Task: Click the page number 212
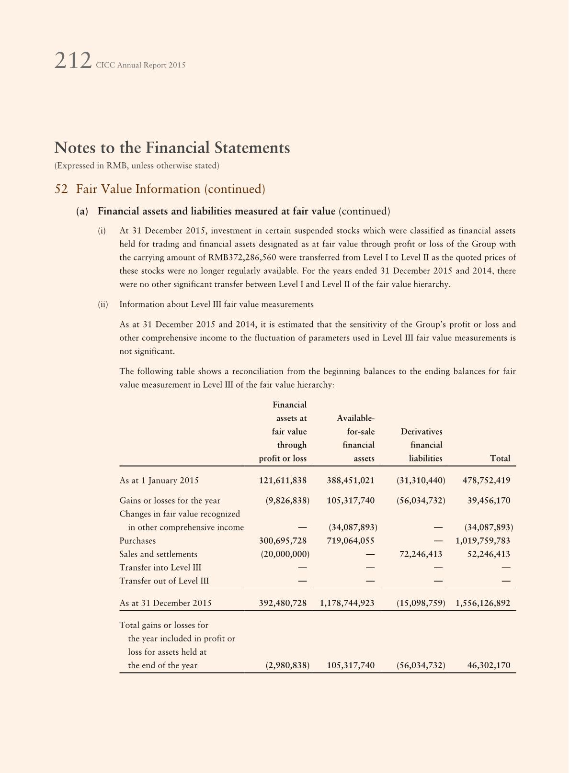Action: point(72,61)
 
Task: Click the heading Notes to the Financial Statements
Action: point(172,147)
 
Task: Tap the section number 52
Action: point(61,189)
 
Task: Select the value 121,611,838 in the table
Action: point(283,481)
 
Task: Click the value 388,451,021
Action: point(351,481)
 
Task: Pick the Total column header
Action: point(500,459)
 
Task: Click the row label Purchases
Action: point(137,541)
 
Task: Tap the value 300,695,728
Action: point(283,541)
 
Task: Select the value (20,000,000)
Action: point(285,554)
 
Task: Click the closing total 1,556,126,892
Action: point(483,603)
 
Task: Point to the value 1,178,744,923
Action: point(347,603)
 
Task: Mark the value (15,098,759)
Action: point(421,603)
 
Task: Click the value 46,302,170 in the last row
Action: point(489,665)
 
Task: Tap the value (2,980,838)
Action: point(287,665)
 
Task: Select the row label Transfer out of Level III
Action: point(164,581)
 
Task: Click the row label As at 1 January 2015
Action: point(159,481)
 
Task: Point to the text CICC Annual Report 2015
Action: point(140,65)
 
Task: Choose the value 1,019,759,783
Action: point(483,541)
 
